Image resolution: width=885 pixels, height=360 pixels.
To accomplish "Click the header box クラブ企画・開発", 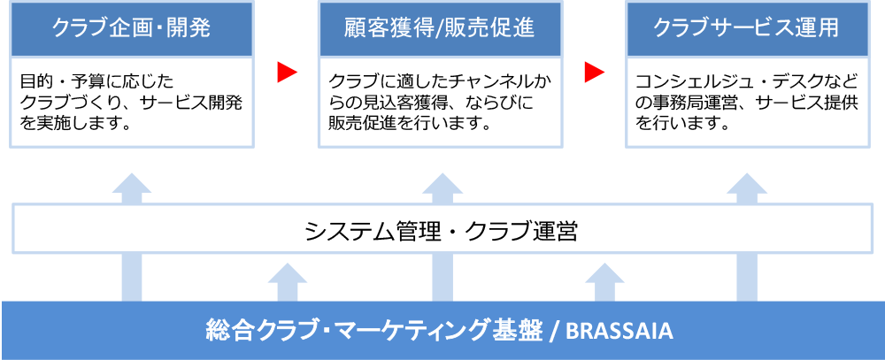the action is (x=132, y=29).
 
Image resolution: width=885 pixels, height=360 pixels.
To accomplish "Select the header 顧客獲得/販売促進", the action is (x=440, y=29).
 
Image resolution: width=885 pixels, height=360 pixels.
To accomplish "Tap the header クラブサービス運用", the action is (x=747, y=29).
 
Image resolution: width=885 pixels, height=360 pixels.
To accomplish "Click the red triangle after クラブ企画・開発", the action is (x=287, y=73).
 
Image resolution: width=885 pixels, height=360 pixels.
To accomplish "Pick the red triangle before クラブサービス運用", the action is (x=595, y=73).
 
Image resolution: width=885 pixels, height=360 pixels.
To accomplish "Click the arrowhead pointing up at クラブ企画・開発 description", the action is (x=132, y=183).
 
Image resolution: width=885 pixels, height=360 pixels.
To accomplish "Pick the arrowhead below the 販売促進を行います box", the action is (x=442, y=183).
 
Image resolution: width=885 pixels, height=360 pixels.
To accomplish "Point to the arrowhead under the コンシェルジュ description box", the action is (x=747, y=183).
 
